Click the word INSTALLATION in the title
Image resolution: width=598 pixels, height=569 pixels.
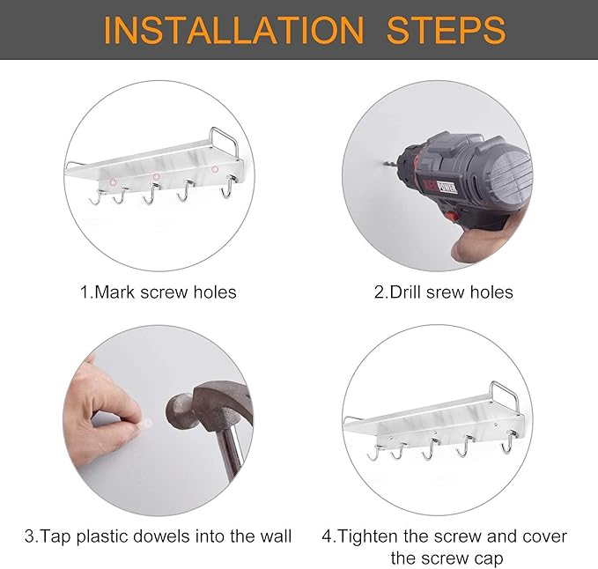pos(233,30)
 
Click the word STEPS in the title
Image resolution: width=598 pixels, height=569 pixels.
pos(447,30)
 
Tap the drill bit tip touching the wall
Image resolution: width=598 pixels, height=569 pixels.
pos(383,165)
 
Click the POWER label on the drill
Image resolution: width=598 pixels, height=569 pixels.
pos(447,187)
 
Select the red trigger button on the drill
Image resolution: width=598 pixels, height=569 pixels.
pos(453,217)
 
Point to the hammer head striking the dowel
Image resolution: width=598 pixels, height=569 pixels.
pos(179,412)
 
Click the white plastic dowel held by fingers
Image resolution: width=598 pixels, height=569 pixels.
pos(145,423)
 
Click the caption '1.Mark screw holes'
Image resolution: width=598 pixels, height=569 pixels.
pos(158,292)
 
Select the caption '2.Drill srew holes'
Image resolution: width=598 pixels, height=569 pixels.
pos(443,292)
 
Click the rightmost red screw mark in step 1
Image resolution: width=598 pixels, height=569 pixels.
pos(215,169)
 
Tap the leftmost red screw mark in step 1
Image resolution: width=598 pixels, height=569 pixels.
pos(113,182)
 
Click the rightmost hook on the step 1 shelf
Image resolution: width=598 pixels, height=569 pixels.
pos(228,187)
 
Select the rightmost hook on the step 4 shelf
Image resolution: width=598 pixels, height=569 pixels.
pos(508,442)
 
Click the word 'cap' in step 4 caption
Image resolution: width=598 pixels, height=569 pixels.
pos(489,559)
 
